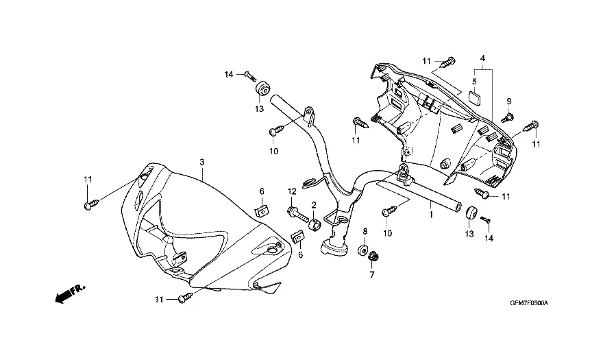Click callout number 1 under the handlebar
(x=431, y=215)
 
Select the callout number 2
(x=314, y=204)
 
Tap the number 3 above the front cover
(x=202, y=162)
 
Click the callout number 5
(x=473, y=82)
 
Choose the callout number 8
(x=365, y=231)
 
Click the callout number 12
(x=291, y=191)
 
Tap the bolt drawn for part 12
(x=297, y=212)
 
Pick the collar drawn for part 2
(x=314, y=225)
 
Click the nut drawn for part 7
(x=373, y=256)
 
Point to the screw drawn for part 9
(x=508, y=115)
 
